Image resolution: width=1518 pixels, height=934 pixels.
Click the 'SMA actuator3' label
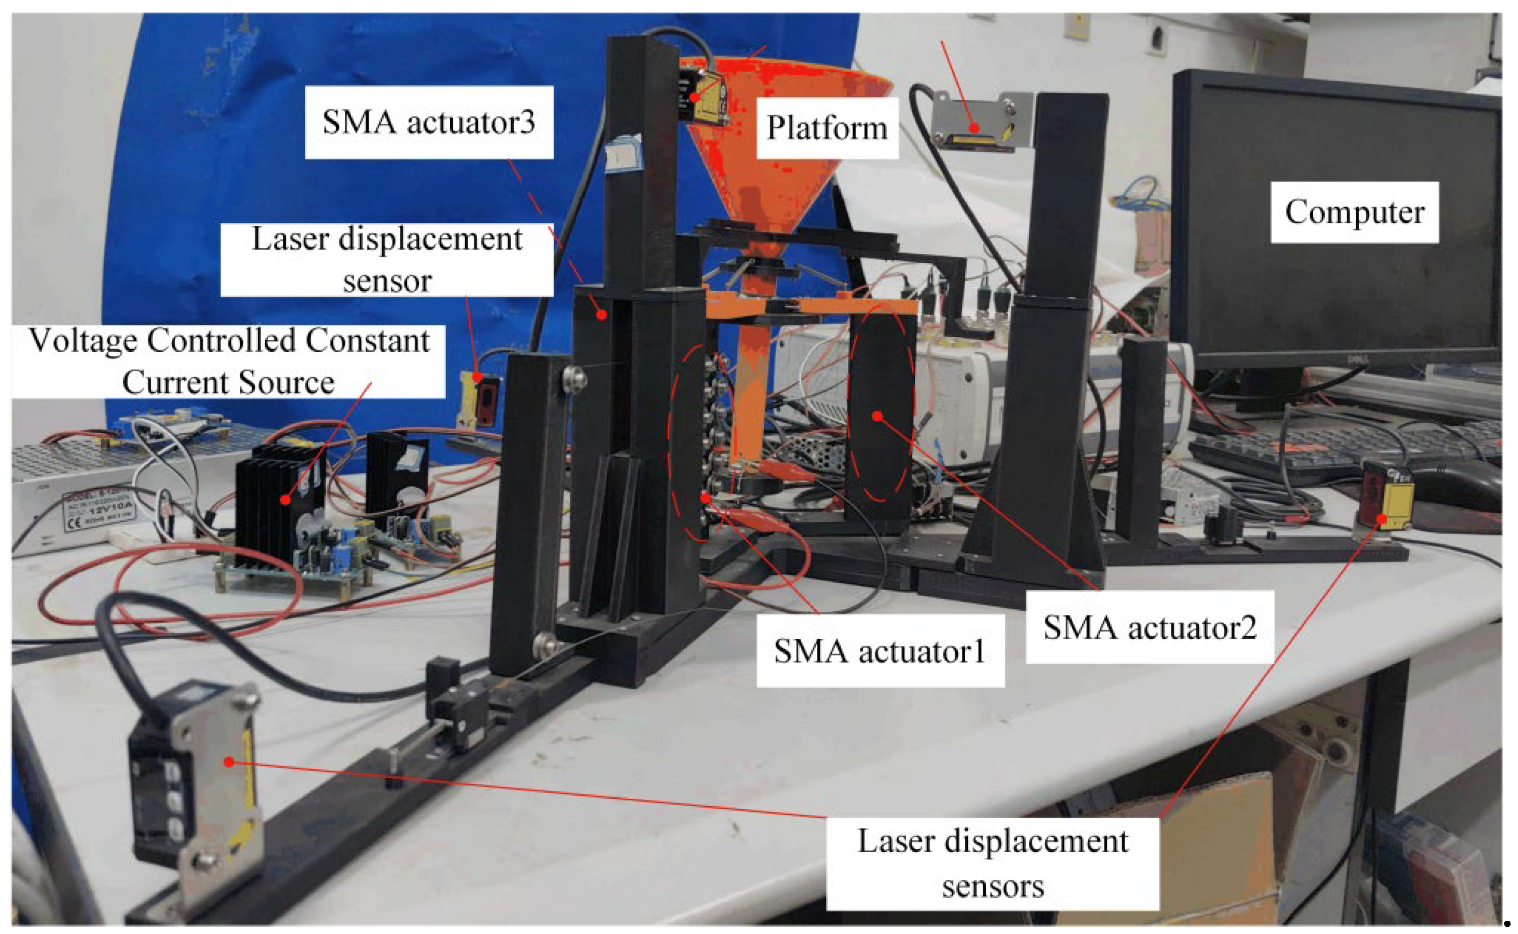[428, 121]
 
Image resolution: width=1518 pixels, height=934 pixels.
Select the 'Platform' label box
[827, 128]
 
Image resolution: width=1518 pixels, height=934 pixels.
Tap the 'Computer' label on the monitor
[1354, 212]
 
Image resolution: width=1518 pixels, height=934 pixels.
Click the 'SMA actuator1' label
[879, 650]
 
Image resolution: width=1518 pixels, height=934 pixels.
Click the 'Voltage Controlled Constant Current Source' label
[229, 361]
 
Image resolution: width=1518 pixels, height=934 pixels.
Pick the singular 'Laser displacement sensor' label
[387, 260]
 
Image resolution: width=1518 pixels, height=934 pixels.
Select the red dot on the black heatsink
[285, 499]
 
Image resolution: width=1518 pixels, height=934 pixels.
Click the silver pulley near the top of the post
[575, 379]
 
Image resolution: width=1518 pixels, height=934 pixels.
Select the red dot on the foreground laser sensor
[229, 762]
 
